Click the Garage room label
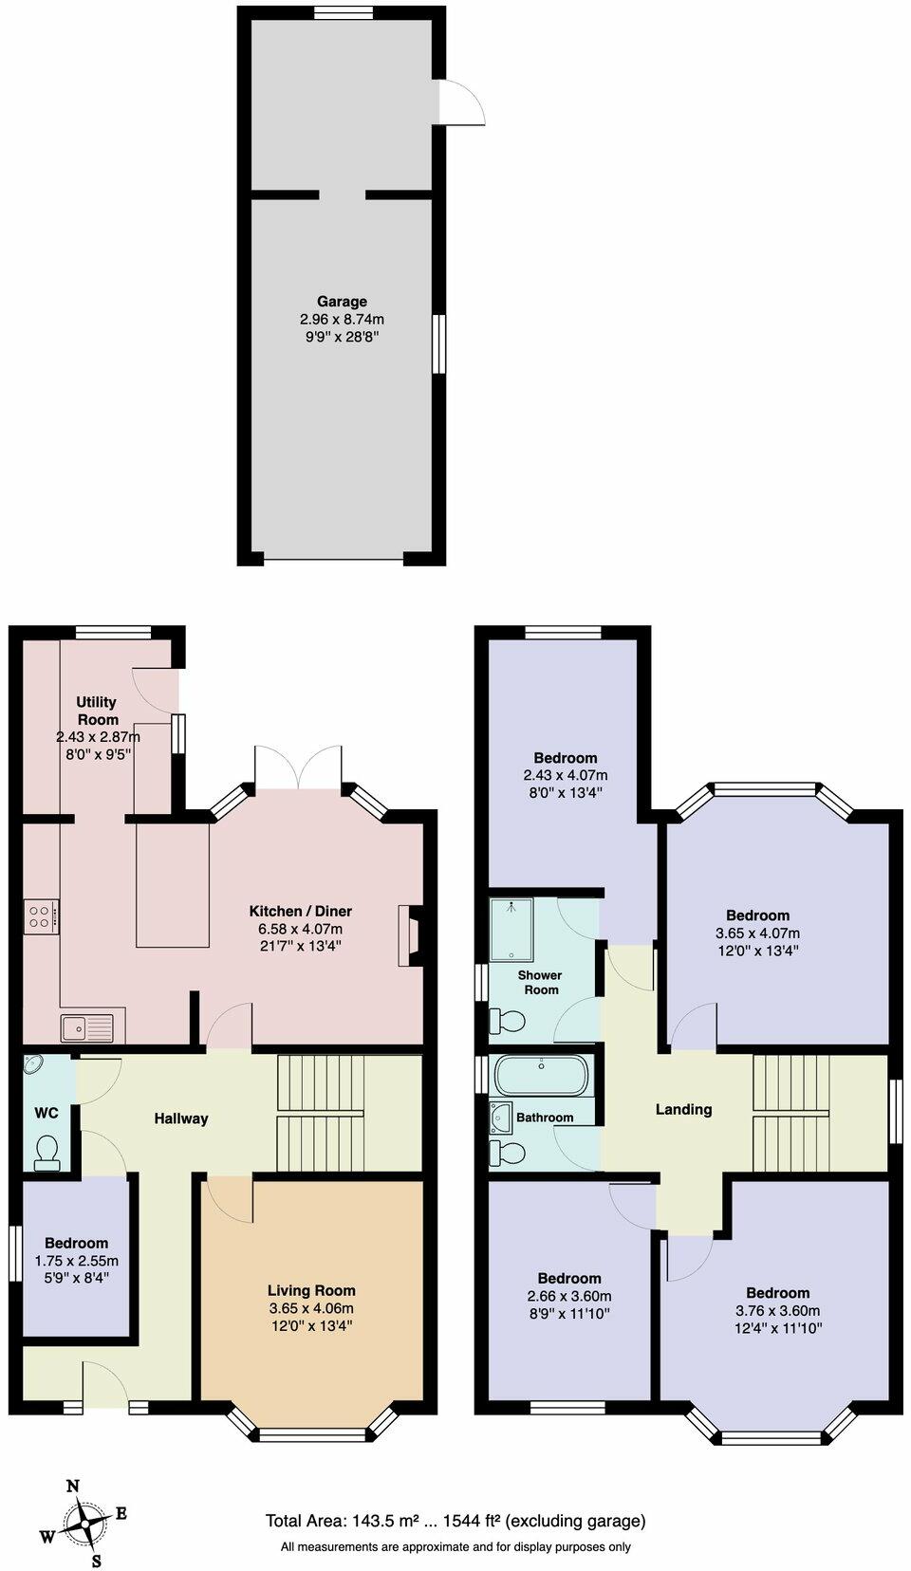click(342, 302)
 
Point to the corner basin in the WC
click(34, 1064)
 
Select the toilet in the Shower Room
click(507, 1022)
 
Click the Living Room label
click(311, 1290)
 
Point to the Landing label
click(683, 1109)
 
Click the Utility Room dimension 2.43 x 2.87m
click(98, 737)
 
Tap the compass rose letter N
click(72, 1487)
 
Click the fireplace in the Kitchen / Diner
click(411, 935)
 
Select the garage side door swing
click(461, 102)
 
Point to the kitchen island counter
click(172, 884)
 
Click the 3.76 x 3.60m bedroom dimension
click(777, 1311)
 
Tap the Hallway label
click(181, 1118)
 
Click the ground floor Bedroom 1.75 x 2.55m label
click(77, 1243)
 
